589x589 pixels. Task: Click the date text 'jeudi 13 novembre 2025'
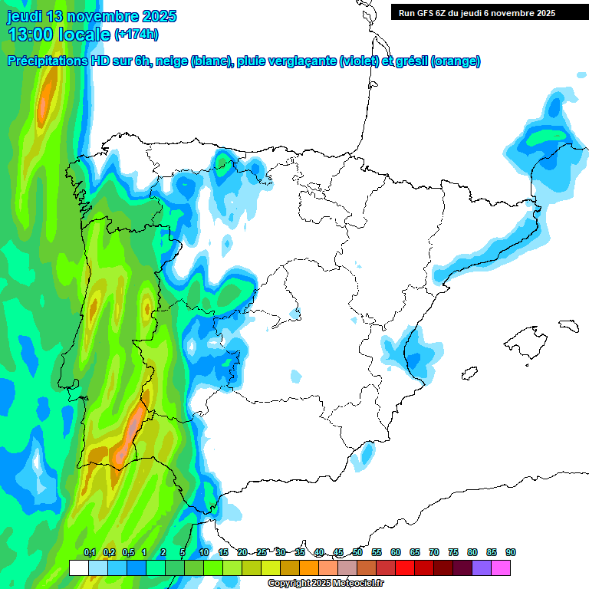point(92,16)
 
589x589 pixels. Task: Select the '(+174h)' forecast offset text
point(137,35)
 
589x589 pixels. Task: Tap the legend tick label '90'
point(511,552)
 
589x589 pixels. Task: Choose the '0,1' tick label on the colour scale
point(90,552)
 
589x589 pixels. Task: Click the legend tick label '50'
point(357,552)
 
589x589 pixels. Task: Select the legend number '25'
point(262,552)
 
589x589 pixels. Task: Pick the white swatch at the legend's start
point(78,568)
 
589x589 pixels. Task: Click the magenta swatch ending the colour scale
point(501,568)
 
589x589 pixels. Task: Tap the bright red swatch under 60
point(405,568)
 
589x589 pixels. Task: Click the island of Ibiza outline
point(469,374)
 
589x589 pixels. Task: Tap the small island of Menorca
point(568,325)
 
